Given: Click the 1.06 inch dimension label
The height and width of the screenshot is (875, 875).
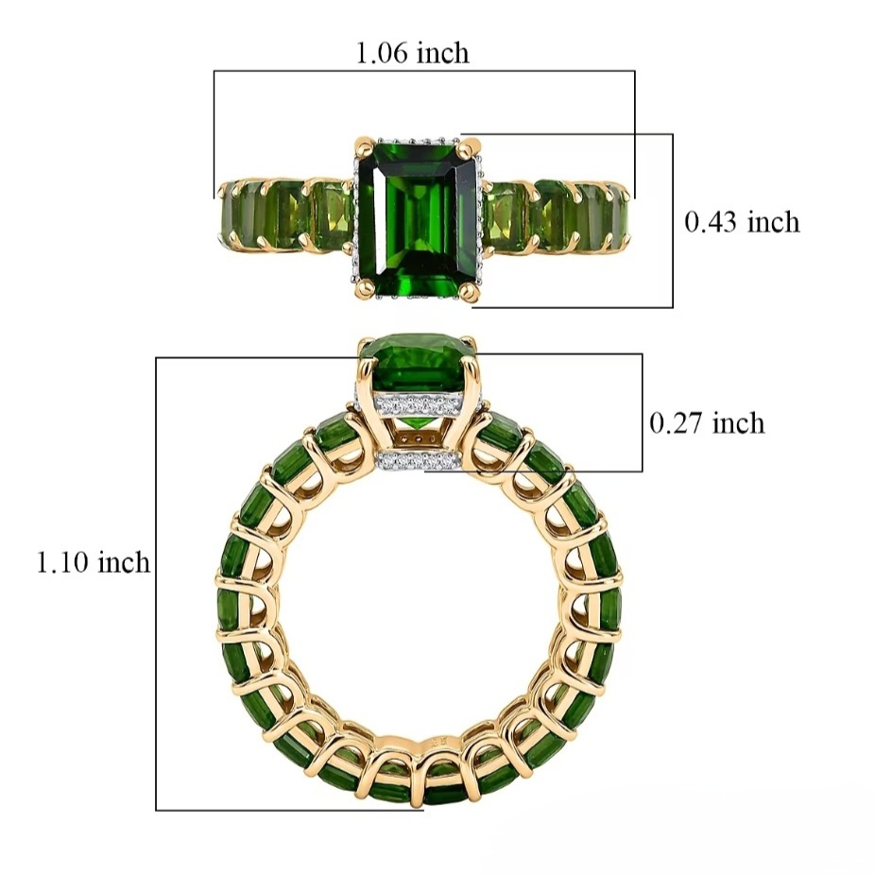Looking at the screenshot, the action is (412, 54).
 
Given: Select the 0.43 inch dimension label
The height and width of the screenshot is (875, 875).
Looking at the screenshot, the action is (742, 222).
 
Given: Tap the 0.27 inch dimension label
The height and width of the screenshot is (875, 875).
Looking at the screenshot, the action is (707, 423).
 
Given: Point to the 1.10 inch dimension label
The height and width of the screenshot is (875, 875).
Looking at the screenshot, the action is (94, 561).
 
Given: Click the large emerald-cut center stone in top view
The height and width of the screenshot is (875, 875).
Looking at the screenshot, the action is (417, 219).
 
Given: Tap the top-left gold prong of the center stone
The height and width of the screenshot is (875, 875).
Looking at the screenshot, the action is (363, 147).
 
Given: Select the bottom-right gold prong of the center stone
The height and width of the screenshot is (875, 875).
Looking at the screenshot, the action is (470, 289).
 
